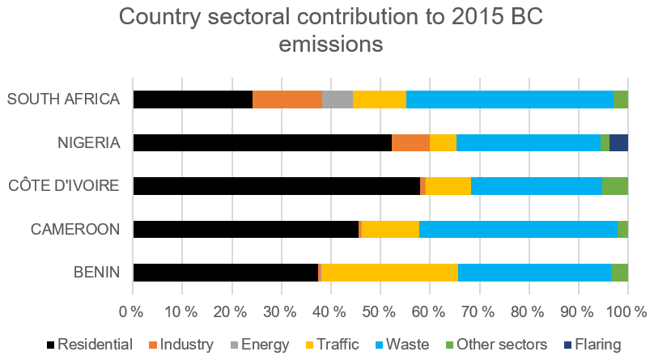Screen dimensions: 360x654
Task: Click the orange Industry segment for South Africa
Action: click(x=287, y=100)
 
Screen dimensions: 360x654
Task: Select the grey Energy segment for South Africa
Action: click(x=338, y=100)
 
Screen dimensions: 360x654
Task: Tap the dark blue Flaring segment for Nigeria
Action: click(x=618, y=142)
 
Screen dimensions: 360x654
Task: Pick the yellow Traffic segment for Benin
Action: click(x=389, y=273)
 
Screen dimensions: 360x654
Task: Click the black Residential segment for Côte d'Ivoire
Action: click(x=276, y=186)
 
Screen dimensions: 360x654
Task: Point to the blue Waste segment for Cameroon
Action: click(x=518, y=229)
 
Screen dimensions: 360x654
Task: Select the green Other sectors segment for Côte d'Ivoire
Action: click(x=615, y=186)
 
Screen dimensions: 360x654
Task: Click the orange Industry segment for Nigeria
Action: click(x=410, y=142)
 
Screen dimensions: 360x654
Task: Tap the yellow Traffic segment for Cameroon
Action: click(x=390, y=229)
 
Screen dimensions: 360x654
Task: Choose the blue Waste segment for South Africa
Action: click(x=509, y=100)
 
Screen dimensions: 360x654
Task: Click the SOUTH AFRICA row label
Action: click(x=64, y=100)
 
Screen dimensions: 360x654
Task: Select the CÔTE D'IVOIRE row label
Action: click(x=65, y=186)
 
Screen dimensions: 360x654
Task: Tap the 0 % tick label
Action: click(x=132, y=311)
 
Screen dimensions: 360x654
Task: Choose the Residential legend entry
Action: click(x=88, y=345)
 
